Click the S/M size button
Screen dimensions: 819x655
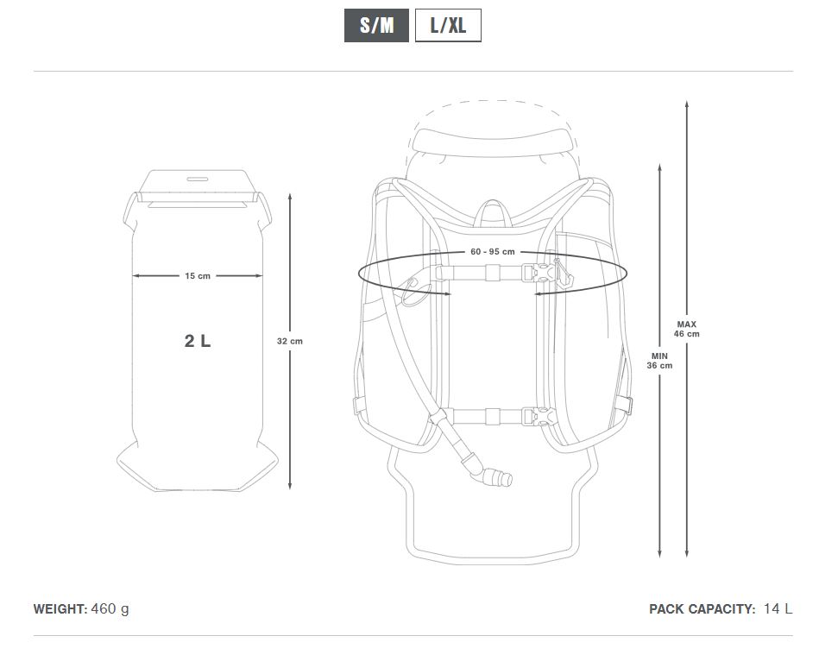[376, 25]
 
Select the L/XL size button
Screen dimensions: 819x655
[448, 25]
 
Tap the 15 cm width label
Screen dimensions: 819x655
[198, 276]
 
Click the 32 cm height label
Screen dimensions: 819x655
[290, 341]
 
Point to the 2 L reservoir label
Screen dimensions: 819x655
[198, 341]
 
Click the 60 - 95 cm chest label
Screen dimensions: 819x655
[493, 252]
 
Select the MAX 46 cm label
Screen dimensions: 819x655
[686, 329]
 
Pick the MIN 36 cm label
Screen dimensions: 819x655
[659, 361]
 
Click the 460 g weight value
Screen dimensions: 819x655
[110, 609]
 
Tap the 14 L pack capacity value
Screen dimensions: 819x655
[778, 608]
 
